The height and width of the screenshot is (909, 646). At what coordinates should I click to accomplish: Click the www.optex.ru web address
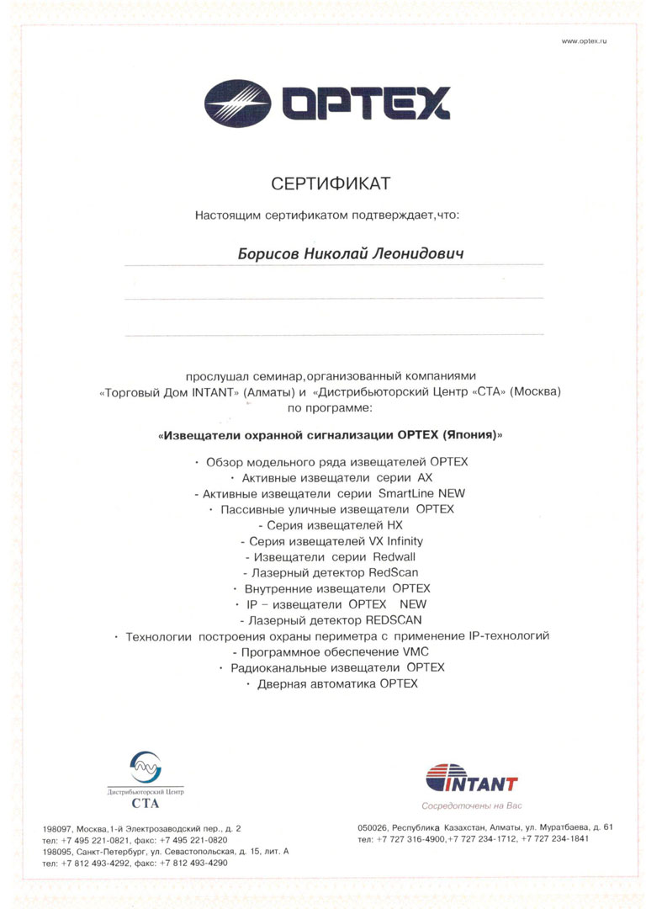point(584,41)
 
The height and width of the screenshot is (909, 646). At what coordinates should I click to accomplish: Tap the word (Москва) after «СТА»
point(533,392)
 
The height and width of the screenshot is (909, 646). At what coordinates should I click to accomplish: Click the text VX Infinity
point(395,541)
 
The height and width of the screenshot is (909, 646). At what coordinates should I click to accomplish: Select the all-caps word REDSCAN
point(389,620)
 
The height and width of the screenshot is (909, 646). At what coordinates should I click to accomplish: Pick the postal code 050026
point(374,827)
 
